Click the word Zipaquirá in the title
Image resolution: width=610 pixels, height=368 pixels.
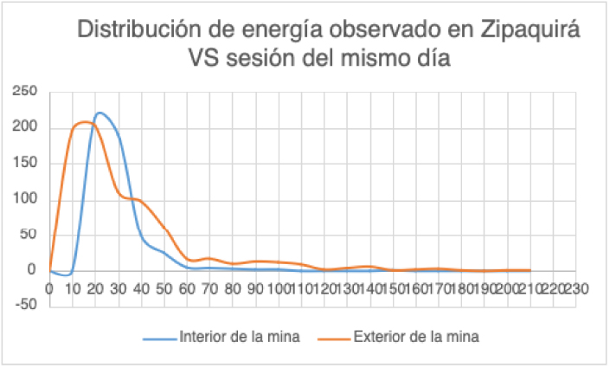[530, 30]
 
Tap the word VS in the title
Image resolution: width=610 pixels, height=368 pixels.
[205, 60]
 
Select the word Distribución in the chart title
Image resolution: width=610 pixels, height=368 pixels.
[138, 30]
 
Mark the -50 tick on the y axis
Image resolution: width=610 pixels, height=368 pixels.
[27, 304]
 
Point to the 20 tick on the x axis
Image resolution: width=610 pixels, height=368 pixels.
[95, 286]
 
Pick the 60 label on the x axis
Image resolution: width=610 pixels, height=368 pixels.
[188, 286]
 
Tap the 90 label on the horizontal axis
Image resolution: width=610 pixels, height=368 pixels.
[256, 286]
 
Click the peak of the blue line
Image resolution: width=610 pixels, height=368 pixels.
[100, 113]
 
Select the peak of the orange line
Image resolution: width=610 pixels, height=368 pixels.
[84, 122]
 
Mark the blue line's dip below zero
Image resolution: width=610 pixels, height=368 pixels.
[67, 274]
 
